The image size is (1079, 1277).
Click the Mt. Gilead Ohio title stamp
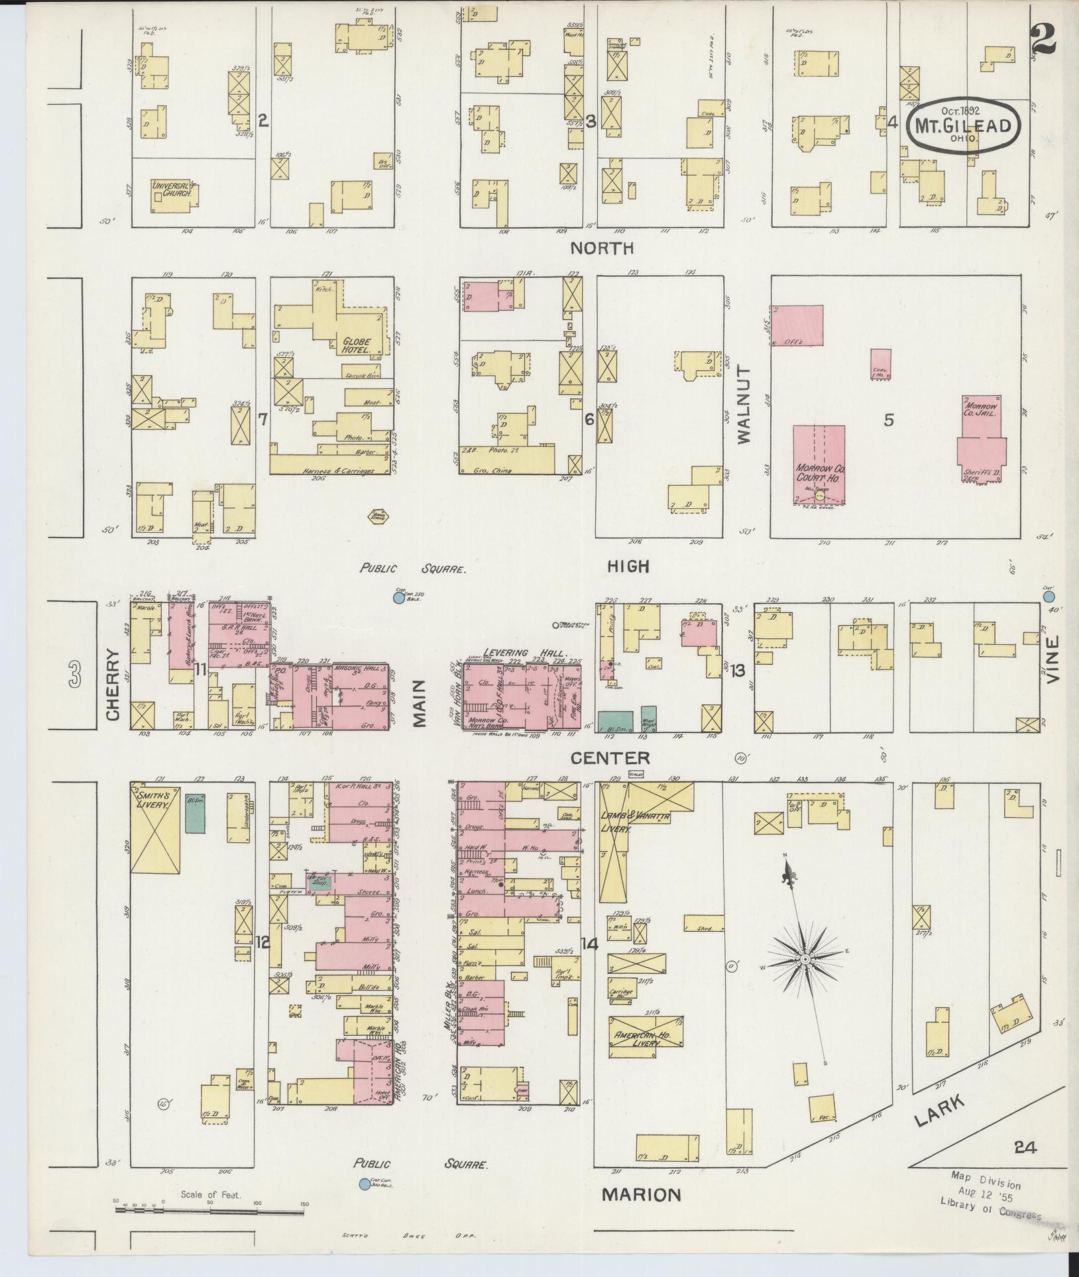point(964,126)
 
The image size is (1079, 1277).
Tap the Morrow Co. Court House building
point(819,464)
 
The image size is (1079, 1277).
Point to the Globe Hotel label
point(356,345)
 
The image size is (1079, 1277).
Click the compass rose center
point(804,959)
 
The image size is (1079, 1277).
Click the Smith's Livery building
point(155,829)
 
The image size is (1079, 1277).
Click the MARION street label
point(641,1194)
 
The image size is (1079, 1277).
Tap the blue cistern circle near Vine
point(1049,597)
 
